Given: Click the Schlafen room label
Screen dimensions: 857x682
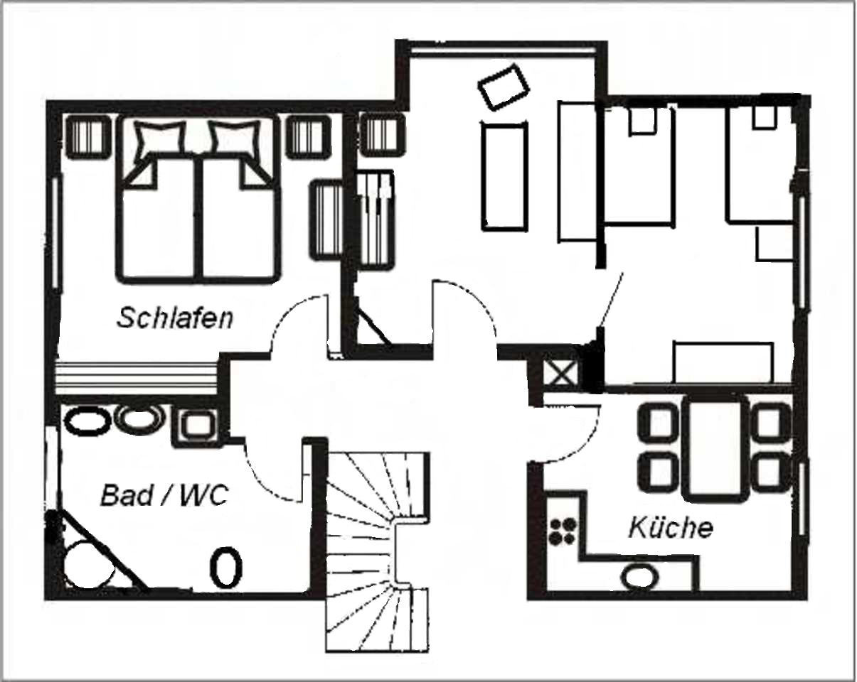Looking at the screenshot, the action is (x=175, y=318).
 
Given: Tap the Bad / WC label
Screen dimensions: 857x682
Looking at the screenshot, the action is (x=164, y=495).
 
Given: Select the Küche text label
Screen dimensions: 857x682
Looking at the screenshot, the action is (x=671, y=527).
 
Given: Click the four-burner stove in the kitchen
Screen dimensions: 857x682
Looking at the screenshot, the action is (x=562, y=531).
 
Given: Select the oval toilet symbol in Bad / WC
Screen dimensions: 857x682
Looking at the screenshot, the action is (x=225, y=568).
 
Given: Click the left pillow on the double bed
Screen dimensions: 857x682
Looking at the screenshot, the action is (x=160, y=139).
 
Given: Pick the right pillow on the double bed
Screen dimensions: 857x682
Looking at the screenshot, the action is (x=233, y=139).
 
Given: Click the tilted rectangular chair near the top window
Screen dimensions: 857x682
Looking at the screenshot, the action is (x=504, y=86).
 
